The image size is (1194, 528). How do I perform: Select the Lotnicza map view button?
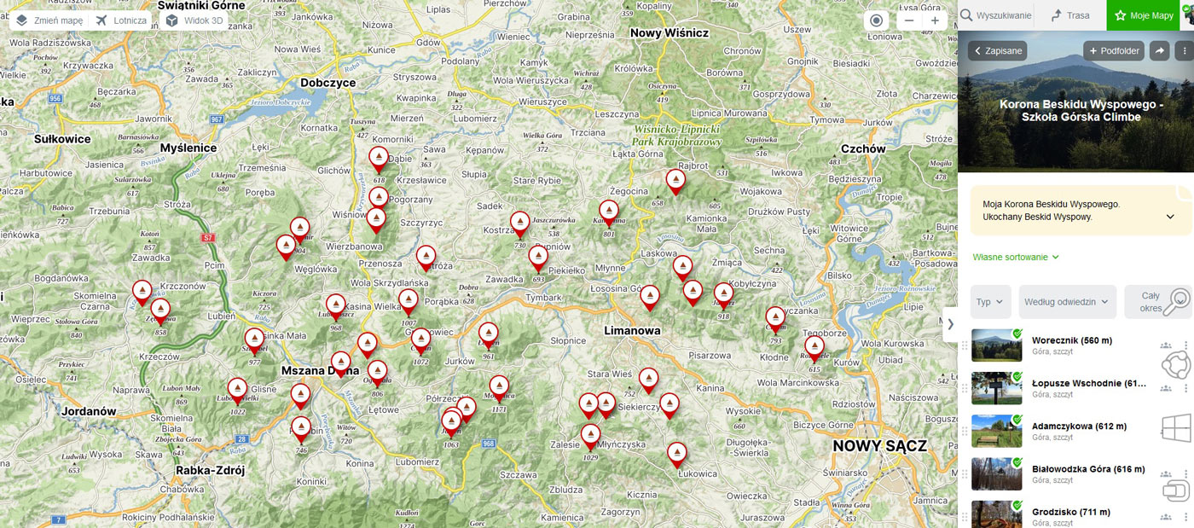122,20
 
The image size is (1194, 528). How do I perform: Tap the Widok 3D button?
194,20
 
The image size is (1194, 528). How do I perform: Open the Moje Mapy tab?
1144,15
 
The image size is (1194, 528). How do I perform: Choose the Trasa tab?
1069,15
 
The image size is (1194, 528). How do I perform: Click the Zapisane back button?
997,51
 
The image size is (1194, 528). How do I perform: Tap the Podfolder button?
1114,51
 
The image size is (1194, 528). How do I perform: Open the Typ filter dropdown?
990,302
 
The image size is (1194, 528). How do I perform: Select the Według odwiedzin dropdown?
1067,302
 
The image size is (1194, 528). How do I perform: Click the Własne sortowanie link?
1016,257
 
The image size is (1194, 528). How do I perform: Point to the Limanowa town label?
633,330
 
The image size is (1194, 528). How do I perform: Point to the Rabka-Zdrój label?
210,470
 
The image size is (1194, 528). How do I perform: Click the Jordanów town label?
88,411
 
